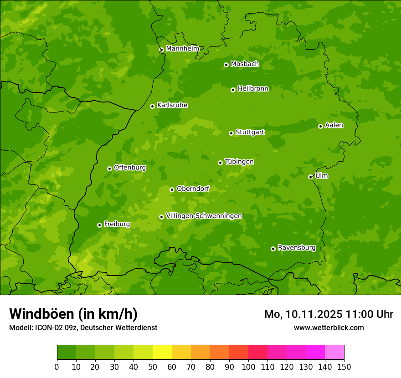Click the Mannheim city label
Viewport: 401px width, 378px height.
point(182,49)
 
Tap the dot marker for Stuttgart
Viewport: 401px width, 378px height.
point(231,133)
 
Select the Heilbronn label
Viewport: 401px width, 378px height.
point(253,89)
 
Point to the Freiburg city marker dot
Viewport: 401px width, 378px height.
point(99,225)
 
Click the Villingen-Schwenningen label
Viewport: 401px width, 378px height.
point(204,216)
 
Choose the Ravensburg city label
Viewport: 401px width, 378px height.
point(297,248)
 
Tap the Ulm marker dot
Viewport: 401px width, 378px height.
point(310,177)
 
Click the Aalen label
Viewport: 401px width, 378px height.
point(334,125)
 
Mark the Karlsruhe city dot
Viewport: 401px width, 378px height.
point(152,106)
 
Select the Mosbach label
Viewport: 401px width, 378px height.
point(245,64)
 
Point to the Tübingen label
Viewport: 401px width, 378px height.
point(239,162)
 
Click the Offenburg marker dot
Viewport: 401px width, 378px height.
point(109,169)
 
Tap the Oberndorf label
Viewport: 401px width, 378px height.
point(193,189)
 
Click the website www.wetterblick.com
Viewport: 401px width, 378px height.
point(329,327)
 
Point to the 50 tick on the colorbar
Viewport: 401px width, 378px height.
point(153,367)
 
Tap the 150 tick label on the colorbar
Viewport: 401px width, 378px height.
point(344,367)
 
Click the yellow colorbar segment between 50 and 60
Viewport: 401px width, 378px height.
point(162,352)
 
